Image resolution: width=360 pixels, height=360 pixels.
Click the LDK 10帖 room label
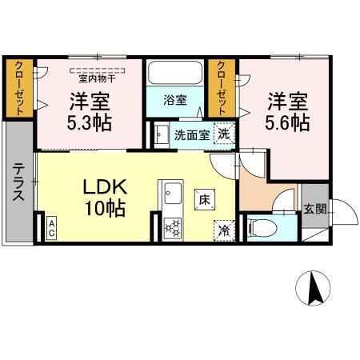click(105, 197)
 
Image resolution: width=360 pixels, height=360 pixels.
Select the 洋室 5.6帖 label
click(287, 111)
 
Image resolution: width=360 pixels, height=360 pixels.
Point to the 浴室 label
click(175, 100)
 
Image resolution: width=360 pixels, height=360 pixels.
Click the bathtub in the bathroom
click(175, 73)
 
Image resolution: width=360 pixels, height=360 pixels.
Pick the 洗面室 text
click(192, 135)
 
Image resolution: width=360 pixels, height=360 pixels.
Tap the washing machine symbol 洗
click(224, 134)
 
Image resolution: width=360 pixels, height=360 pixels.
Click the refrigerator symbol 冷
click(224, 230)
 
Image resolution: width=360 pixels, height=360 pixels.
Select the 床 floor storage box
click(205, 200)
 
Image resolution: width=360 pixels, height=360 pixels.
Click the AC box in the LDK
click(51, 228)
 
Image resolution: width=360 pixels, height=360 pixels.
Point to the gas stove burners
click(173, 228)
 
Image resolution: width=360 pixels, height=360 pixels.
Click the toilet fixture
click(262, 228)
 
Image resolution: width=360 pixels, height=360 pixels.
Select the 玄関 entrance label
click(315, 209)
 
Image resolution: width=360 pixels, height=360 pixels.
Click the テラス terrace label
click(18, 182)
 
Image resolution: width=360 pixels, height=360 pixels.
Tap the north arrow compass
click(313, 288)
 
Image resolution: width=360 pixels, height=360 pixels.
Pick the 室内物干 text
click(97, 78)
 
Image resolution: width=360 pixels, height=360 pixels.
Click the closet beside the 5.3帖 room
click(18, 88)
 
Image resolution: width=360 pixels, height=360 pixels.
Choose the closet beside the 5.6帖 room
click(222, 88)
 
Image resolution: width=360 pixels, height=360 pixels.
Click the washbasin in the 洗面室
click(162, 135)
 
